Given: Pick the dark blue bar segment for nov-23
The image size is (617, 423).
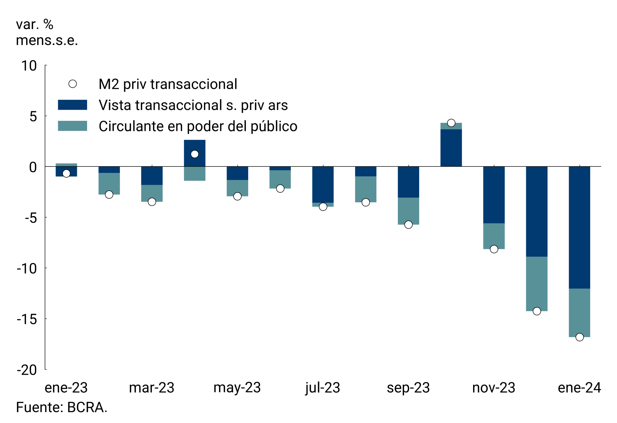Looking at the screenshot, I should tap(494, 195).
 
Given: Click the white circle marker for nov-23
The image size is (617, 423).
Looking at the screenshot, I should tap(494, 249).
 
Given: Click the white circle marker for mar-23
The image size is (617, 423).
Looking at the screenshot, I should tap(152, 202).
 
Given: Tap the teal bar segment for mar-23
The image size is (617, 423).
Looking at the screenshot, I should tap(152, 193).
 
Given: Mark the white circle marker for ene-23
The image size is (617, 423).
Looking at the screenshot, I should tap(66, 173).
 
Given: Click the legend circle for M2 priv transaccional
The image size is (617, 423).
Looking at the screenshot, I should tap(72, 84).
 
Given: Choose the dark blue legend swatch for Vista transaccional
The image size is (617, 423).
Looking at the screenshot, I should tap(72, 105).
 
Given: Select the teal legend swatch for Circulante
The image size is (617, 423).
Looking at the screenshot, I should tap(72, 126).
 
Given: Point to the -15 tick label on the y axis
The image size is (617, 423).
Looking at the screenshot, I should tap(27, 319).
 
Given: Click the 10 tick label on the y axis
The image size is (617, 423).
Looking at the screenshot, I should tap(29, 66).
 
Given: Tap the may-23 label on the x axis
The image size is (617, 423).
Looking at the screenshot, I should tap(237, 388).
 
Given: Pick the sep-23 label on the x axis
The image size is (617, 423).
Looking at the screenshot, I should tap(408, 388).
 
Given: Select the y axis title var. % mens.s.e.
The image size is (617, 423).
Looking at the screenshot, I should tap(47, 32).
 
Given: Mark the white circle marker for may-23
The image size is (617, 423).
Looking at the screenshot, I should tap(237, 196).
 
